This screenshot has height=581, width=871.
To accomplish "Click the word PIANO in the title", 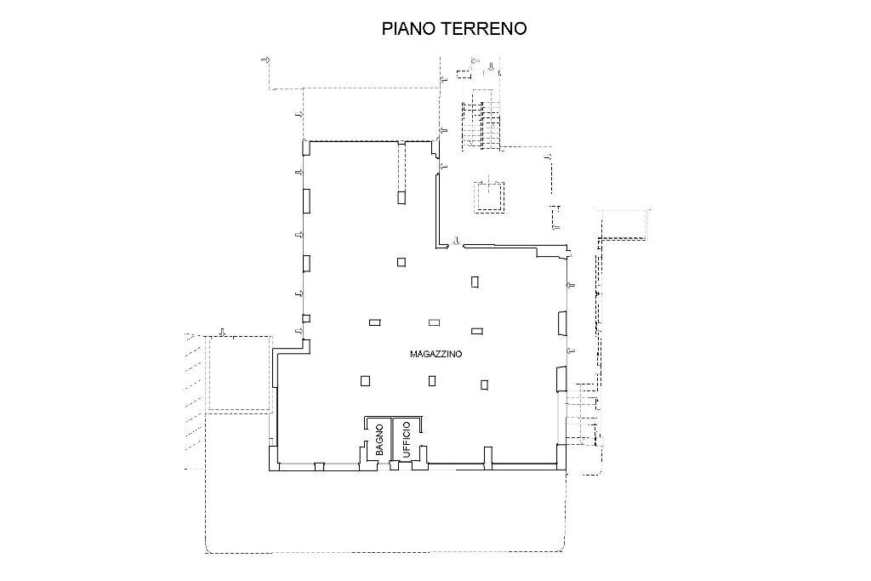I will tap(407, 28).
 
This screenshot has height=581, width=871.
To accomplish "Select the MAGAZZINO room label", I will tap(435, 354).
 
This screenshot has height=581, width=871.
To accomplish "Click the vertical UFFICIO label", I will tap(407, 440).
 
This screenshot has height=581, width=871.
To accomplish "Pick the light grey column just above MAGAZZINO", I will tap(434, 322).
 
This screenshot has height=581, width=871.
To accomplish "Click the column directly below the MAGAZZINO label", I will tap(434, 380).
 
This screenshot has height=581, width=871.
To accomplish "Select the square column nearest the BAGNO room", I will tap(365, 380).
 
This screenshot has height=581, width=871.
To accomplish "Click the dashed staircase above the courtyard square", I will tap(481, 123).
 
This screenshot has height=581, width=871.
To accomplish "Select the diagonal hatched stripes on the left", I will tap(191, 400).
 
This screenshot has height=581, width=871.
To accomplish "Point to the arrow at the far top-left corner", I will tap(265, 60).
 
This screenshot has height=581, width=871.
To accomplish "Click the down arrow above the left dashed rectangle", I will tap(222, 331).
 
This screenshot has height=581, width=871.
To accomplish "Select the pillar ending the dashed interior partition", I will tap(401, 197).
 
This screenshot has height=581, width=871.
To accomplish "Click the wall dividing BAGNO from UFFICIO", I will tap(392, 442).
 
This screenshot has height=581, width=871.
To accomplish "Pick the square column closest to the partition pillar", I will tap(401, 262).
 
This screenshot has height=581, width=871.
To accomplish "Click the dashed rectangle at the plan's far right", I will tap(625, 223).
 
